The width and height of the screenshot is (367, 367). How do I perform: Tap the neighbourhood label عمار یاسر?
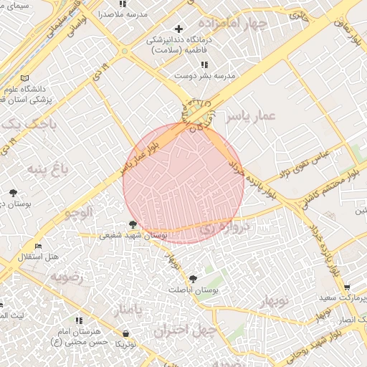click(x=249, y=118)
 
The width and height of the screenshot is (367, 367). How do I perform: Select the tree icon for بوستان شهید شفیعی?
click(x=133, y=225)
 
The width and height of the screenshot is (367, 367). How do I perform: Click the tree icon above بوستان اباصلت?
click(x=192, y=278)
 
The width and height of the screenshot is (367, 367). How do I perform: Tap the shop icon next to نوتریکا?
click(x=126, y=333)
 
